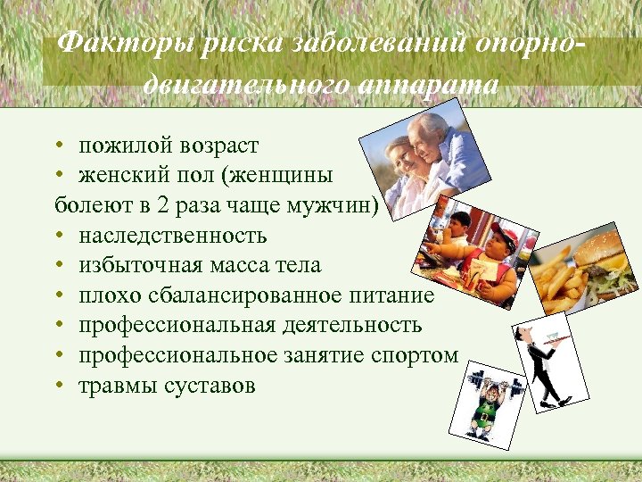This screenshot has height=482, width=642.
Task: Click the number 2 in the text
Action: click(x=162, y=206)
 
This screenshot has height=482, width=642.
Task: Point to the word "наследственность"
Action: click(x=172, y=237)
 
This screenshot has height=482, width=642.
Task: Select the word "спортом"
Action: click(x=419, y=355)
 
